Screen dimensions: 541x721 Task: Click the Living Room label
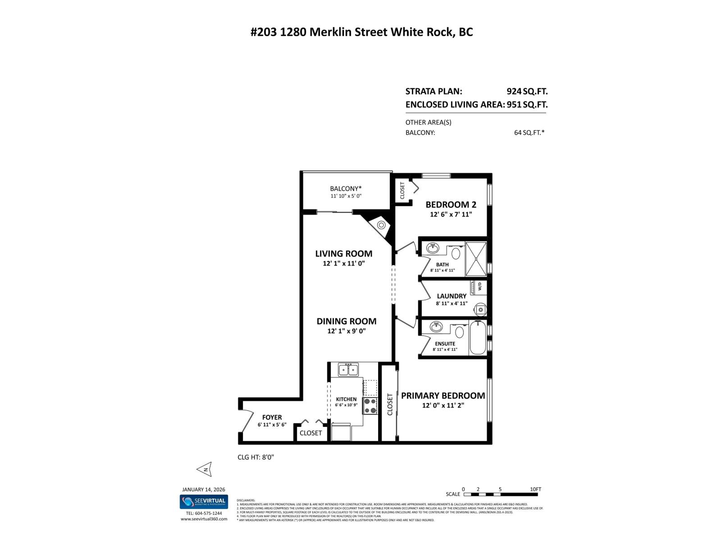(343, 253)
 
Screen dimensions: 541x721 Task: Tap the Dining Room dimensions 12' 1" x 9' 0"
(346, 331)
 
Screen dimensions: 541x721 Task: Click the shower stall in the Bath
(476, 259)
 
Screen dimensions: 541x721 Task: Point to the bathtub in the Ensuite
(478, 338)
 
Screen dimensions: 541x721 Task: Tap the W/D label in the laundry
(479, 286)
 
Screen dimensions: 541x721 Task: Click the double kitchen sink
(348, 370)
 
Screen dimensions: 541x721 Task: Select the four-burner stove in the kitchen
(370, 406)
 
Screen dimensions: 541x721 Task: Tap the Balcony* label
(346, 188)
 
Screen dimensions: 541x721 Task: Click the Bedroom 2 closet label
(402, 190)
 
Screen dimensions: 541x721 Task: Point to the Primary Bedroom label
(443, 395)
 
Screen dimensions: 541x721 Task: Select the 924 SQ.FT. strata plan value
(527, 91)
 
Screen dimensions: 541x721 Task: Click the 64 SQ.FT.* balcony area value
(529, 133)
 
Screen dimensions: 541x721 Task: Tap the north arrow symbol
(205, 469)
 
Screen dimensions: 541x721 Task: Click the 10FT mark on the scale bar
(536, 489)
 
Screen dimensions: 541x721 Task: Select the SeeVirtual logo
(204, 501)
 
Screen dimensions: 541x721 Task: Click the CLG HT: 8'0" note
(256, 457)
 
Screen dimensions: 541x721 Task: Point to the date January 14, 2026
(203, 489)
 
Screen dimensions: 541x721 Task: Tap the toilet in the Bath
(456, 253)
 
